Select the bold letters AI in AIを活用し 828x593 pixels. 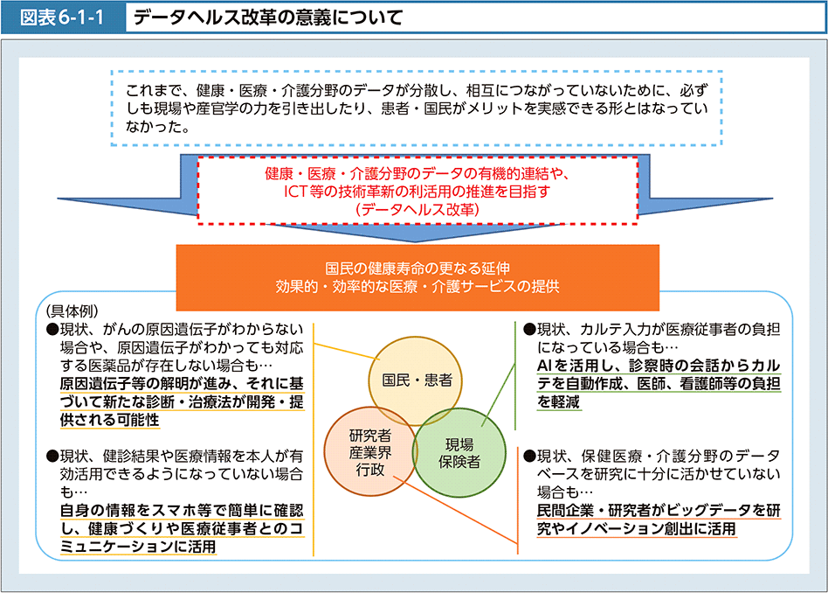[547, 366]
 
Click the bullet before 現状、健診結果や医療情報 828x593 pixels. [52, 457]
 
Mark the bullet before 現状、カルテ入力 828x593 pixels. [529, 330]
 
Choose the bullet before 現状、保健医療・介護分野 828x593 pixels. [529, 457]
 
